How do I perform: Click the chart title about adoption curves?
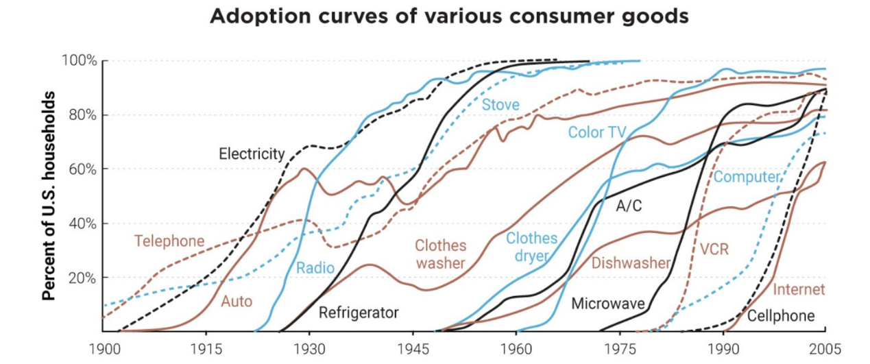point(449,17)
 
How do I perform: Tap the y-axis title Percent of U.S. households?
point(49,195)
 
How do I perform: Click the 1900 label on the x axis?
point(104,348)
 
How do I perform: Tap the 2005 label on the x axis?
point(825,348)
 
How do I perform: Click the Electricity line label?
point(251,154)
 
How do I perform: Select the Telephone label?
point(169,241)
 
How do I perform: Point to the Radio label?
point(315,268)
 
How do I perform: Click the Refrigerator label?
point(359,313)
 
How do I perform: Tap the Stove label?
point(500,105)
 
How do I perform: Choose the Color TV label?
point(596,132)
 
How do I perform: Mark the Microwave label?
point(608,303)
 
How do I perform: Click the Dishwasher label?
point(631,263)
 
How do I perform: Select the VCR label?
point(714,250)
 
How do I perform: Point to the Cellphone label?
point(781,316)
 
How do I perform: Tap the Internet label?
point(799,290)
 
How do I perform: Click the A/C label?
point(629,206)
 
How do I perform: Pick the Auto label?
point(237,301)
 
